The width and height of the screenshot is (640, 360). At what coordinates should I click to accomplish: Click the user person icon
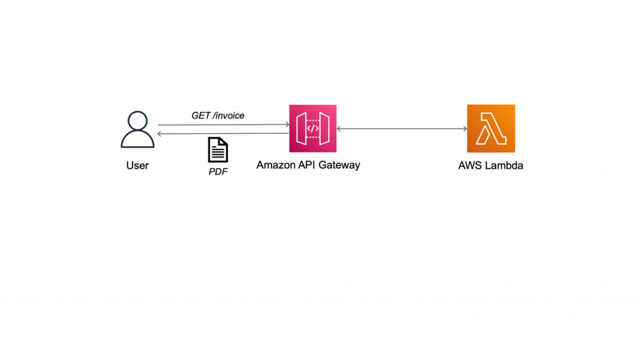click(137, 130)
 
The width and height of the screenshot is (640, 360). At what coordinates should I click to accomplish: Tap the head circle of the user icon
click(137, 120)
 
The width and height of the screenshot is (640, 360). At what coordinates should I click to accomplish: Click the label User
click(137, 166)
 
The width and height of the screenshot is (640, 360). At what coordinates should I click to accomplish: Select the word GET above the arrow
click(201, 116)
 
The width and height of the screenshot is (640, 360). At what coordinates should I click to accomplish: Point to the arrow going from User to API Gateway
click(223, 125)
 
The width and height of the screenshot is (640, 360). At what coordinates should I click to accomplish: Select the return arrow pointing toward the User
click(223, 134)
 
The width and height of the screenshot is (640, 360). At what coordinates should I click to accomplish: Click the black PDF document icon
click(217, 151)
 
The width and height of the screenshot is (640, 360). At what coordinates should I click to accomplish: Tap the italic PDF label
click(217, 171)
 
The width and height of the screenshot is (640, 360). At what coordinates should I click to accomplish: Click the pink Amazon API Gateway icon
click(312, 129)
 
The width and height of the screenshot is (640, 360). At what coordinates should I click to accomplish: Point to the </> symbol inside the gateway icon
click(312, 129)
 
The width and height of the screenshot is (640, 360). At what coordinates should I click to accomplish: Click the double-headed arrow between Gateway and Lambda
click(402, 129)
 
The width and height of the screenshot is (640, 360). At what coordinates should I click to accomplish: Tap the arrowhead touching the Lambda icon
click(464, 129)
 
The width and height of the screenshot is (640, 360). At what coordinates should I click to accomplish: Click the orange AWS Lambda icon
click(491, 129)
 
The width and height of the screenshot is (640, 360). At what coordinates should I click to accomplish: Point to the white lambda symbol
click(491, 129)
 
